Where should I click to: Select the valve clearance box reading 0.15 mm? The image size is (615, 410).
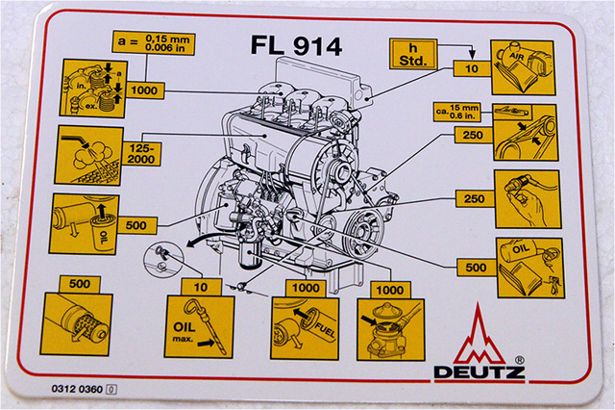pyautogui.click(x=154, y=45)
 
